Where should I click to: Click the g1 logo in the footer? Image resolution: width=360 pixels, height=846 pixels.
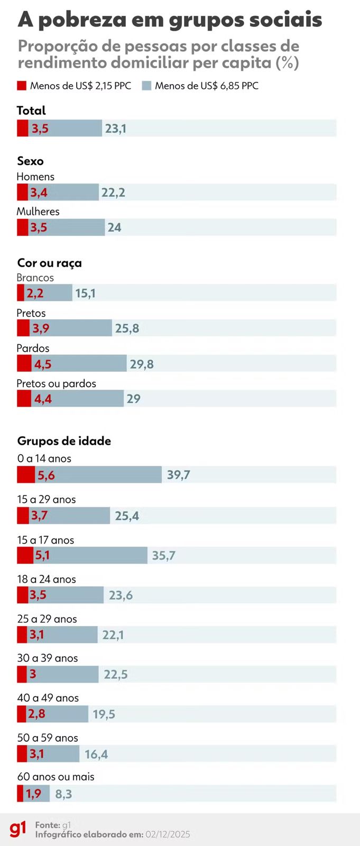(17, 829)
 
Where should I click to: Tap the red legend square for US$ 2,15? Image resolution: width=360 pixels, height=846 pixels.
(22, 86)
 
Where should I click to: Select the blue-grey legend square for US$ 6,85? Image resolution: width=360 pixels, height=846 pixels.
(146, 86)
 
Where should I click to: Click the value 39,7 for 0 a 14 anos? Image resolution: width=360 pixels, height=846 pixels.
(178, 475)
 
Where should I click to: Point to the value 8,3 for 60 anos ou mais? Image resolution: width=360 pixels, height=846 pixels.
(63, 794)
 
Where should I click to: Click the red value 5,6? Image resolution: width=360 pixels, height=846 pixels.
(46, 475)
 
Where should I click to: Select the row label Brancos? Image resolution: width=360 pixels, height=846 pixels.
(35, 278)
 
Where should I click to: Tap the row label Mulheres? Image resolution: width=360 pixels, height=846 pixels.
(38, 212)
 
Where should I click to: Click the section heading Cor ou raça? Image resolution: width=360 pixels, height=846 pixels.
(49, 263)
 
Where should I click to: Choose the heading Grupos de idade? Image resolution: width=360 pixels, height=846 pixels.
(64, 441)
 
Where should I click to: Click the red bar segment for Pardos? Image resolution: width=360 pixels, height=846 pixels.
(24, 364)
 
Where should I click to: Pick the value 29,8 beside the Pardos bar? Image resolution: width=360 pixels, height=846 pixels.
(142, 364)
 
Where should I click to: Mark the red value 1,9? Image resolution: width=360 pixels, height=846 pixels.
(34, 794)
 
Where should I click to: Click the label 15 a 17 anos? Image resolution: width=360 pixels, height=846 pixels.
(45, 540)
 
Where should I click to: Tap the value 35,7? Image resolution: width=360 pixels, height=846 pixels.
(163, 556)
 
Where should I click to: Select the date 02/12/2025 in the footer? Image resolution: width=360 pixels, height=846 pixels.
(168, 834)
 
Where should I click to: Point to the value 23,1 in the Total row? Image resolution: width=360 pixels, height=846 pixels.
(115, 128)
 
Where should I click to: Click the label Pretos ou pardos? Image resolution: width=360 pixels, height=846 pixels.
(56, 383)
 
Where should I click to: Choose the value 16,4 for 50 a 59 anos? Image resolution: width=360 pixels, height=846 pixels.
(96, 754)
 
